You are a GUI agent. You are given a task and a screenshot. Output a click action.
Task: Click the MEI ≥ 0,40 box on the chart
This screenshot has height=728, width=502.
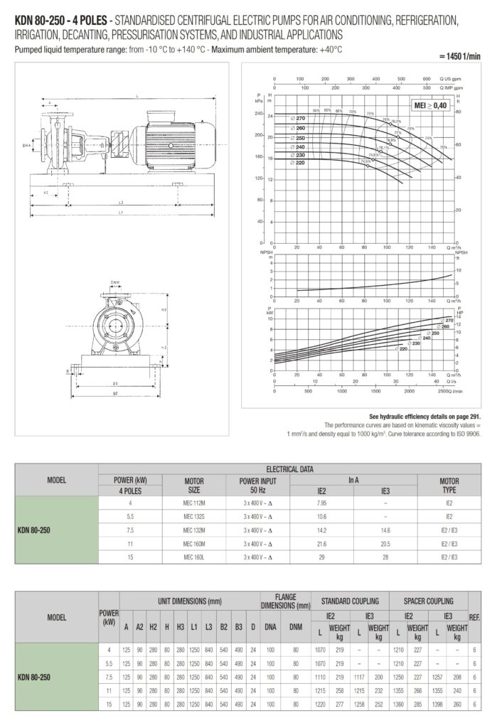(431, 105)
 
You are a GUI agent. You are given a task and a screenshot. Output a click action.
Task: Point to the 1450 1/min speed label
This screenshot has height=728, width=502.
(462, 55)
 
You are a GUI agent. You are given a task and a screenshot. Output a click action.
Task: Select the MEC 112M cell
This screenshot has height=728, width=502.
(193, 503)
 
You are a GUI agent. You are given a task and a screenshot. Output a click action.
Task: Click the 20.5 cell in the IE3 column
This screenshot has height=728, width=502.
(386, 542)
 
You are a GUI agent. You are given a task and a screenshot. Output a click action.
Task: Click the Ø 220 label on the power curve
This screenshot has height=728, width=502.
(403, 348)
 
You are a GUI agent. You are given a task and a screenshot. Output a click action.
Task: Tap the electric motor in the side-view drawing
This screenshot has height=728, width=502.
(174, 135)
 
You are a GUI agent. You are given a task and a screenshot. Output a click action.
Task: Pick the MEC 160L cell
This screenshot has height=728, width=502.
(193, 556)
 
